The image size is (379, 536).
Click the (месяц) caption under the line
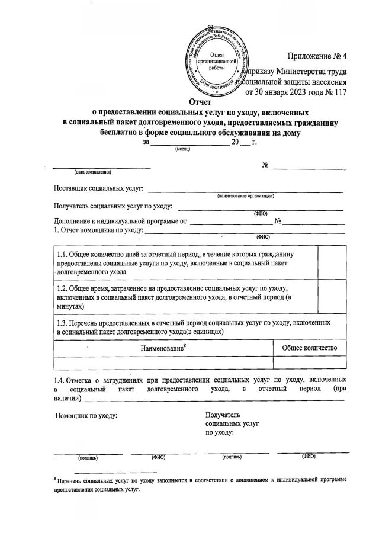(182, 150)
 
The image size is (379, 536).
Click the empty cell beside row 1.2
(332, 296)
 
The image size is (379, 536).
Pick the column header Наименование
(163, 348)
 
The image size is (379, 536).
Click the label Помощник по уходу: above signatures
(86, 415)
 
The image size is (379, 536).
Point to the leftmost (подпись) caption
(88, 458)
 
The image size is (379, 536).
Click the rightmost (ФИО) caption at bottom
(308, 457)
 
